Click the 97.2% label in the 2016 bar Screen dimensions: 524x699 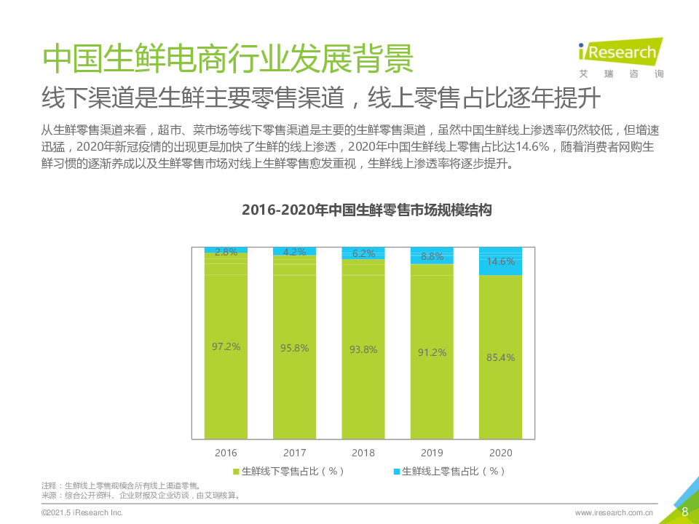[226, 346]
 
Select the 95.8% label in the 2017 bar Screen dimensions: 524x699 [294, 348]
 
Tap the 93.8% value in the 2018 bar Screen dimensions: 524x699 [363, 349]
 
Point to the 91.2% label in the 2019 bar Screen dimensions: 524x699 [432, 352]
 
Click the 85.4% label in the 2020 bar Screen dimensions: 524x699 [500, 357]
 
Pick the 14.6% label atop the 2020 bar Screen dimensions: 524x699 [500, 261]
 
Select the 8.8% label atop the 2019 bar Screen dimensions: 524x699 [432, 256]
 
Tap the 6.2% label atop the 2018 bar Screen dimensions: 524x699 [363, 253]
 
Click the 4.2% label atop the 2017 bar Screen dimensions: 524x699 [294, 252]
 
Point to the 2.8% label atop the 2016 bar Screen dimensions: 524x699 [226, 252]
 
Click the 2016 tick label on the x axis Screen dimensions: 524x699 [226, 453]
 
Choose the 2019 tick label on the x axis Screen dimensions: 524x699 [432, 453]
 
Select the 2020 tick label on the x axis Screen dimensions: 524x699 [500, 453]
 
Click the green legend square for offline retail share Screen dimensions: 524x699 [236, 472]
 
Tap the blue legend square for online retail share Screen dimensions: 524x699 [397, 472]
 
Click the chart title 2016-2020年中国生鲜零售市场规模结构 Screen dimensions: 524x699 [367, 210]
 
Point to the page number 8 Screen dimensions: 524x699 [684, 512]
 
